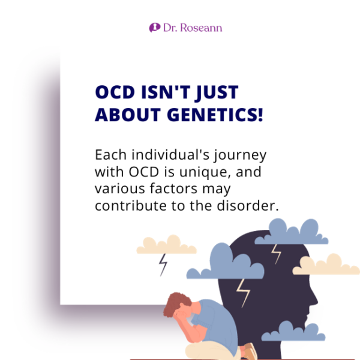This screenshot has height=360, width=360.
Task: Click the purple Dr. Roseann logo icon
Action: tap(154, 28)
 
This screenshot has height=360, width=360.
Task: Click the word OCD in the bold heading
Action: tap(116, 93)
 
